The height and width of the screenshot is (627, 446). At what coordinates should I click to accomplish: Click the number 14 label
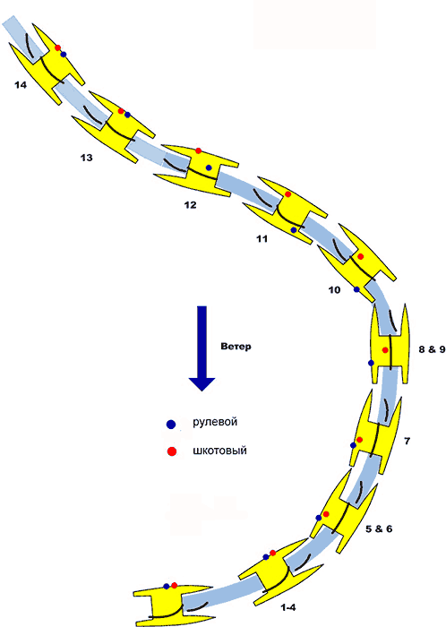point(21,85)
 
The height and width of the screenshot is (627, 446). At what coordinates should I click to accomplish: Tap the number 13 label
point(86,158)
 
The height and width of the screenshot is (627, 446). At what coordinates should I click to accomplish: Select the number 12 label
point(190,205)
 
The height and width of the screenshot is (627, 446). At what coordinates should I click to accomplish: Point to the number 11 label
point(262,239)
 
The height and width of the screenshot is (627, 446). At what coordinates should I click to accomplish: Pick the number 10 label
point(335,290)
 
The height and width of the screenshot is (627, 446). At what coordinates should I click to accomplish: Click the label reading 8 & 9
point(432,349)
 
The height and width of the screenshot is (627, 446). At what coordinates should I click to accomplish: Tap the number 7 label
point(407,441)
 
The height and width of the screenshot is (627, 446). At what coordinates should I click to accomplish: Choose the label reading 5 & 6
point(379,528)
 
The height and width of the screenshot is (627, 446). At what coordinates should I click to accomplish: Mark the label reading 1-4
point(288,607)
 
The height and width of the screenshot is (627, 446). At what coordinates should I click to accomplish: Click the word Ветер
point(236,347)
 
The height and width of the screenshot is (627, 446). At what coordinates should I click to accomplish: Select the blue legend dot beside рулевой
point(171,425)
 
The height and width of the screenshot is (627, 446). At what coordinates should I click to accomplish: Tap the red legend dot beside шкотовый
point(172,451)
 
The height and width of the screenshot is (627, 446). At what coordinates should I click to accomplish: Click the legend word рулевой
point(215,422)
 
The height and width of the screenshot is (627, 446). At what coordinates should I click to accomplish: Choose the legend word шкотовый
point(219,451)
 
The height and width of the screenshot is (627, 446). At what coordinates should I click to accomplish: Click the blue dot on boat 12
point(209,167)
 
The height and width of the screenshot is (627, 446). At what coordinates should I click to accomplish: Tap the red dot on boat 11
point(287,194)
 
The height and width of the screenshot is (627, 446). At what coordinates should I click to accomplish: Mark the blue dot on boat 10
point(356,289)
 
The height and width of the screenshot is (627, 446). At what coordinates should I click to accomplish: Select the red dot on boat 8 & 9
point(385,350)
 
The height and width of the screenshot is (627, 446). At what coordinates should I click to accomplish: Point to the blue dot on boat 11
point(294,230)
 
